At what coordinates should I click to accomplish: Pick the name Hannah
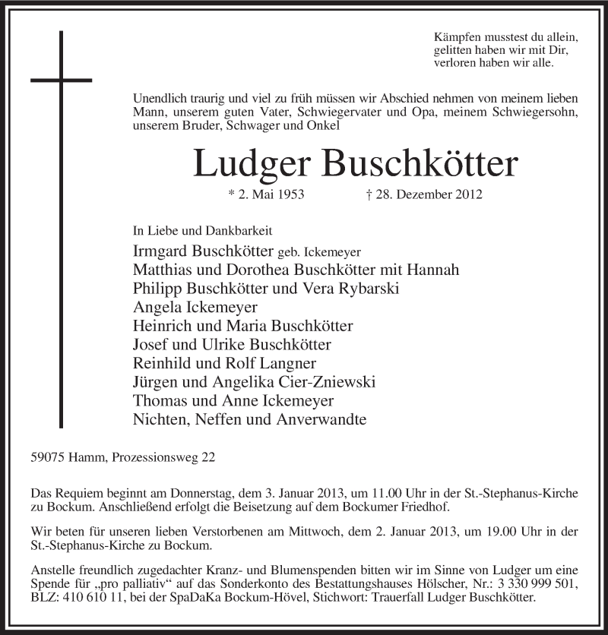click(434, 270)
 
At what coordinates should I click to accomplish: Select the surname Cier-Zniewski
click(328, 381)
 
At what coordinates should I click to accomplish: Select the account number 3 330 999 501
click(525, 583)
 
